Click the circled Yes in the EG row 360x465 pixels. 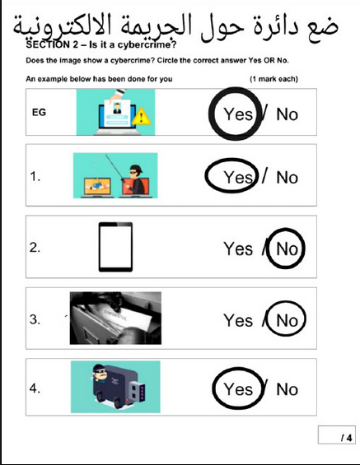(x=238, y=114)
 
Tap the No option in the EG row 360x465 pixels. (x=287, y=114)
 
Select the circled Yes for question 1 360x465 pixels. (x=238, y=177)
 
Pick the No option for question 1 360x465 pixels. (x=287, y=178)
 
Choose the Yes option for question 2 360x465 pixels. (x=238, y=249)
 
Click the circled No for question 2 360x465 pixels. (x=287, y=249)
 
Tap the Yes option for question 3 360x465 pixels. (x=238, y=320)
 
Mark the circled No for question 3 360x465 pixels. (x=287, y=321)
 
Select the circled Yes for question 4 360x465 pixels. (x=238, y=389)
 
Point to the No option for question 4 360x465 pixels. (x=287, y=389)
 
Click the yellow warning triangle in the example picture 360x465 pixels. (x=141, y=117)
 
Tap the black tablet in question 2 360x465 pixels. (x=116, y=247)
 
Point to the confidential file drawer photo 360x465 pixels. (x=115, y=318)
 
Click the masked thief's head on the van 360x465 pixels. (x=100, y=373)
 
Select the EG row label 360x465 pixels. (x=39, y=113)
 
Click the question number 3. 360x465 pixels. (x=35, y=319)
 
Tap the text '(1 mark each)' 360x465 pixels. (x=274, y=79)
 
